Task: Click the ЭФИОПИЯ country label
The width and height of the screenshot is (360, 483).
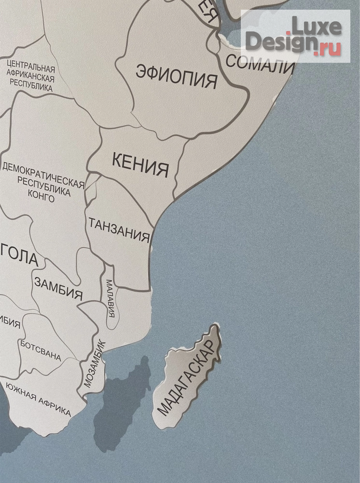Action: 176,76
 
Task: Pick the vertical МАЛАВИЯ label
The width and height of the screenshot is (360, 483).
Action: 110,298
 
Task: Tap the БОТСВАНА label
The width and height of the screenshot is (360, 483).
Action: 41,351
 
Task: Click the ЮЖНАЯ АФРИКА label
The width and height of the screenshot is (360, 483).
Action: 38,404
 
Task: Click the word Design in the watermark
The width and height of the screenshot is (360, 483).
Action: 279,42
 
